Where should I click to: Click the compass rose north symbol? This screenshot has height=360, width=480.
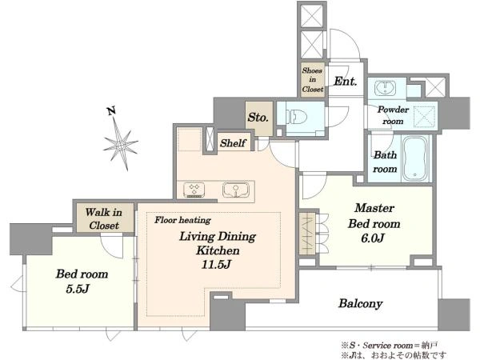[121, 144]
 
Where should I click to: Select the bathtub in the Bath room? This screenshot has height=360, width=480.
[414, 158]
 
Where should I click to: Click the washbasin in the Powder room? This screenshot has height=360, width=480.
[385, 88]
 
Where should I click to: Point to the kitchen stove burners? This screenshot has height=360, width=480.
[194, 190]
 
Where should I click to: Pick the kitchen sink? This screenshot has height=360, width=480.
[236, 190]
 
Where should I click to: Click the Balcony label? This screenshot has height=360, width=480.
[361, 303]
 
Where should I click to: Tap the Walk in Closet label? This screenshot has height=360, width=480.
[103, 219]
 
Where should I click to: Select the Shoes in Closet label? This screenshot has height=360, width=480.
[313, 79]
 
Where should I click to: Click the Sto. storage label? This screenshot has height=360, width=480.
[258, 118]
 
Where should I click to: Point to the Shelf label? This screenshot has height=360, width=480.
[233, 143]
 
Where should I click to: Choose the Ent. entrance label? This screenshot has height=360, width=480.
[346, 81]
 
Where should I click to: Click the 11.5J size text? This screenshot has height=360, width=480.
[216, 265]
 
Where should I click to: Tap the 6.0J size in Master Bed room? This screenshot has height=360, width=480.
[372, 238]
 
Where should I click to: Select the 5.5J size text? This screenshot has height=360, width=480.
[78, 289]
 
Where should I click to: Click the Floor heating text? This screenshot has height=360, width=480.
[182, 220]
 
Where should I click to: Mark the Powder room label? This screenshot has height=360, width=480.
[393, 115]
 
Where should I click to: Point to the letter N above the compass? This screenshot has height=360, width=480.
[111, 110]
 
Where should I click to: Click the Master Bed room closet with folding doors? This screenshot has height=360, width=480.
[309, 234]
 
